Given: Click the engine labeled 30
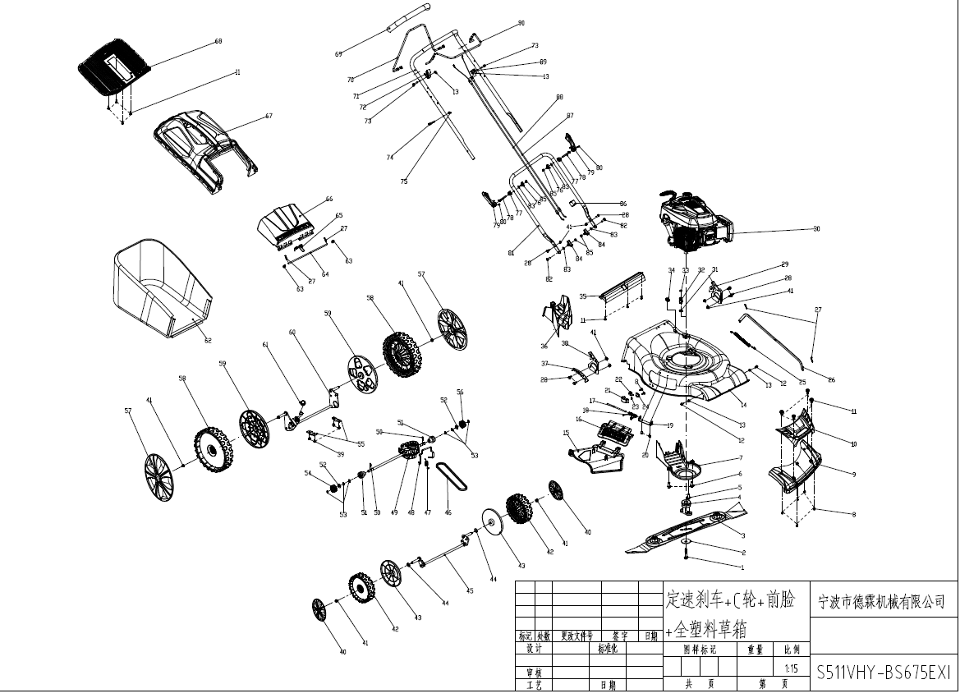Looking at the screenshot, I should click(x=695, y=223).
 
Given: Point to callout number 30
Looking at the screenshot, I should click(x=816, y=229).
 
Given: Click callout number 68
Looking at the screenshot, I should click(x=218, y=41).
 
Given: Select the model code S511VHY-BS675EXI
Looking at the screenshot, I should click(x=883, y=673).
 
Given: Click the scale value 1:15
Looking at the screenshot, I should click(x=792, y=668).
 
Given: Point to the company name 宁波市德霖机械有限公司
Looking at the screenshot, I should click(x=882, y=601).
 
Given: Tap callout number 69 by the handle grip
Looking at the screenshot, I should click(x=338, y=54).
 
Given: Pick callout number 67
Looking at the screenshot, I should click(x=269, y=117).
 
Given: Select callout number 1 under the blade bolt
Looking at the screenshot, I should click(x=742, y=567).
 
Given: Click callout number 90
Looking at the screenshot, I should click(x=521, y=23).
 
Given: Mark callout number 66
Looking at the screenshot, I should click(x=328, y=199).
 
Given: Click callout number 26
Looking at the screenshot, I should click(x=831, y=379).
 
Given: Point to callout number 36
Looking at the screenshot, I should click(x=544, y=346).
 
